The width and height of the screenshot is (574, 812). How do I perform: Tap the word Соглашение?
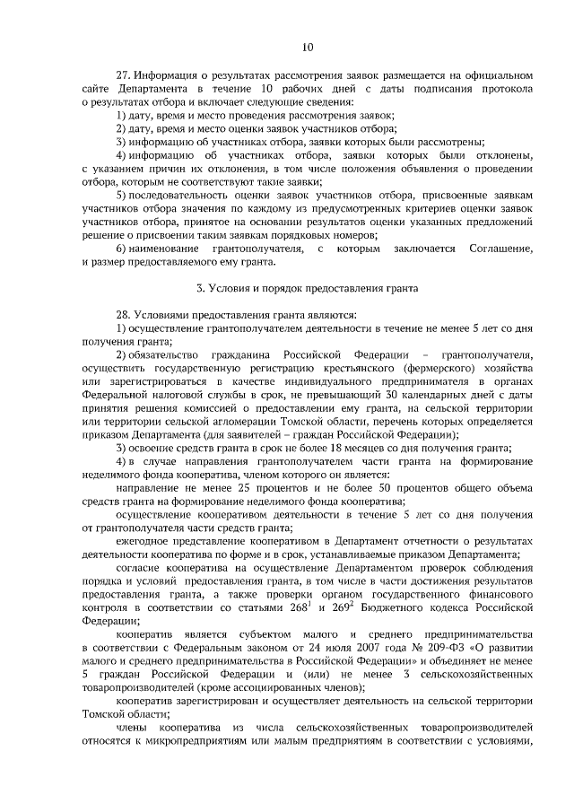tap(500, 248)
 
